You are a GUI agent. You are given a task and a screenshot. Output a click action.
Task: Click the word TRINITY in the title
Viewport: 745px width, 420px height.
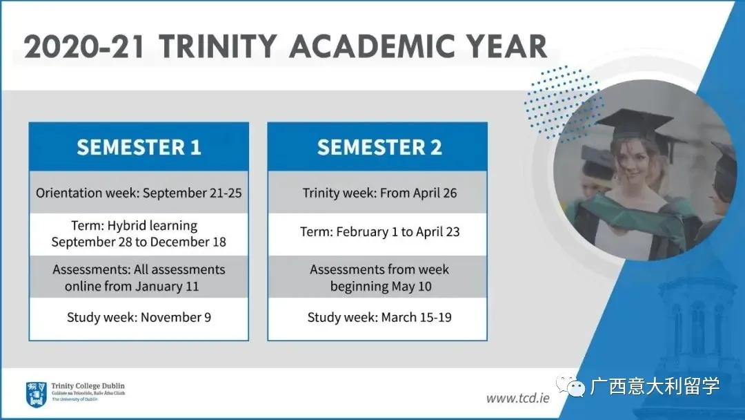point(217,46)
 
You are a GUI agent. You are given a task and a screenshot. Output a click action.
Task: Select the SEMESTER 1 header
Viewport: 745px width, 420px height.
point(139,147)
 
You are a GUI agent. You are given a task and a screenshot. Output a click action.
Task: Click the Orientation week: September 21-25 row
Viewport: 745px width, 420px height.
point(139,193)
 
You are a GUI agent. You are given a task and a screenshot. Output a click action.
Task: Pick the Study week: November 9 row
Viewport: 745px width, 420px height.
point(139,317)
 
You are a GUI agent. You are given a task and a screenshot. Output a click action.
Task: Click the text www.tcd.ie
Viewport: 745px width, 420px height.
point(517,398)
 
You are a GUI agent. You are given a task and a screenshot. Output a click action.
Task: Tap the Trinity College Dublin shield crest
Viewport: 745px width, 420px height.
point(36,394)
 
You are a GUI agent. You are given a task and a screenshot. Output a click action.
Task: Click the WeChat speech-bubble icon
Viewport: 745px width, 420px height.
point(571,385)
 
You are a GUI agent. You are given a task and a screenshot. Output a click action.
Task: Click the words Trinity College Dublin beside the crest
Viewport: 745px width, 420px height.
point(88,385)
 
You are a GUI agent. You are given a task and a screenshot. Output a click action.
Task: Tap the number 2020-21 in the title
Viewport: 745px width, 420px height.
point(84,46)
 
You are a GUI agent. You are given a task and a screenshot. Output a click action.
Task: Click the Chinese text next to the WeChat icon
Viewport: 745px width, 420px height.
point(655,385)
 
